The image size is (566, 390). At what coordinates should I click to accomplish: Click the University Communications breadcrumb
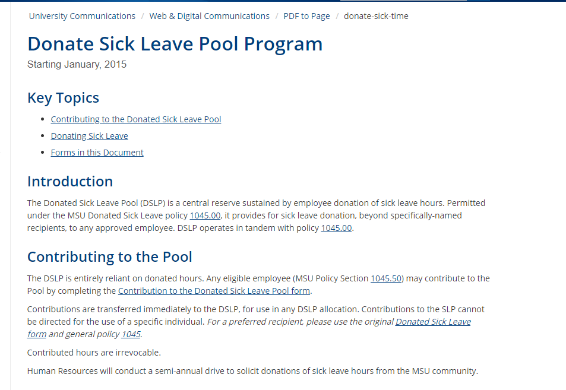(x=82, y=16)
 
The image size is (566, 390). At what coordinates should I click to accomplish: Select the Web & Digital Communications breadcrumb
(x=209, y=16)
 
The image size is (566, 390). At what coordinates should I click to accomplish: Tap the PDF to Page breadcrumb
(x=306, y=16)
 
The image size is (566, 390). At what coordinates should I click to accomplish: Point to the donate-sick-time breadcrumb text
(x=376, y=16)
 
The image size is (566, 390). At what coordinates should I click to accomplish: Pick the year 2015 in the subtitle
(x=115, y=64)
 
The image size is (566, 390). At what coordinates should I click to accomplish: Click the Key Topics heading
(x=63, y=98)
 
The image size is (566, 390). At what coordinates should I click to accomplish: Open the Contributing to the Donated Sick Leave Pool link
(x=136, y=119)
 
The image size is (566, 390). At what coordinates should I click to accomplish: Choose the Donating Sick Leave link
(x=89, y=136)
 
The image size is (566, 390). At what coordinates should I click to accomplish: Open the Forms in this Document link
(x=97, y=153)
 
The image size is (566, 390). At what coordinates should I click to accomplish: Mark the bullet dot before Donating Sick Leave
(x=42, y=136)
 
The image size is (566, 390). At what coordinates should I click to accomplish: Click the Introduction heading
(x=70, y=181)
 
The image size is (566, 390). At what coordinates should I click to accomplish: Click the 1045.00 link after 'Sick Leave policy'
(x=205, y=215)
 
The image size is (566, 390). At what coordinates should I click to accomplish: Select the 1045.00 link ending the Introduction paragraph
(x=336, y=228)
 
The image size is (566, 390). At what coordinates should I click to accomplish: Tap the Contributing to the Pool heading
(x=110, y=257)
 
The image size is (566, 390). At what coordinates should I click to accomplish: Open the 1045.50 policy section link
(x=386, y=278)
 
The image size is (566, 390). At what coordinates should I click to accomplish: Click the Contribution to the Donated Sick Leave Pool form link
(x=214, y=291)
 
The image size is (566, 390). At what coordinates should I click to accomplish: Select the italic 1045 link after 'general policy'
(x=131, y=334)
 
